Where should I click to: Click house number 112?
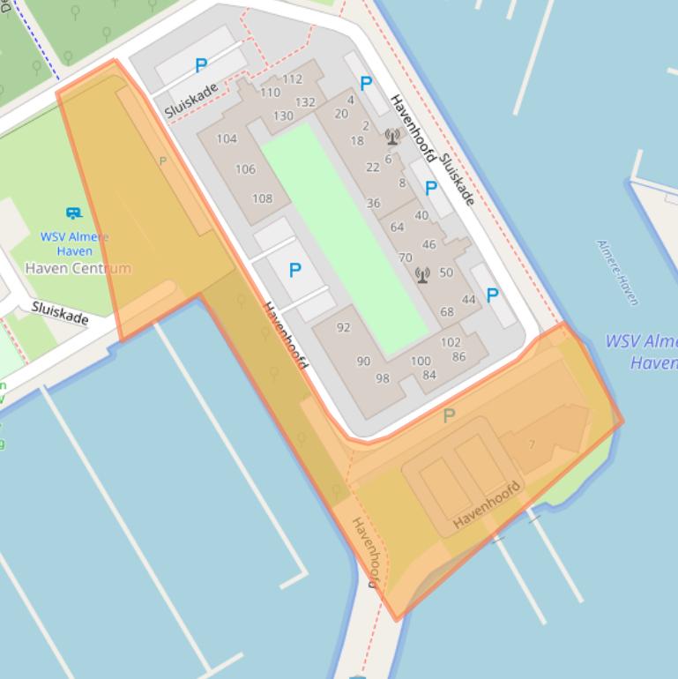click(292, 79)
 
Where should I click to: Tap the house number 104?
click(227, 138)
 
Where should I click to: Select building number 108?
click(262, 198)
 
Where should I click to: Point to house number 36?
click(373, 203)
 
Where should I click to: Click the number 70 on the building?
click(405, 258)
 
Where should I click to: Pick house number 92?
click(343, 327)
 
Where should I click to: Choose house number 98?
click(382, 378)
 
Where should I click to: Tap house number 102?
click(450, 342)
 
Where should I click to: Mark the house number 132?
click(305, 102)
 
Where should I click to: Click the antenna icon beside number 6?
click(392, 137)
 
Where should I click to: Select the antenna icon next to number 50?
click(422, 275)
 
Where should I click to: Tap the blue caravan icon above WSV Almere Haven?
click(74, 213)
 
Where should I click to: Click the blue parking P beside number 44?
click(491, 295)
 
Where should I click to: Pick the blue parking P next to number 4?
click(366, 84)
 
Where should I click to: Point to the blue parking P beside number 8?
click(431, 188)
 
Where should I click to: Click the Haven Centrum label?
click(78, 268)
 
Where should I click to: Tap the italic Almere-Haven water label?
click(616, 272)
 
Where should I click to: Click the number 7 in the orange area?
click(532, 444)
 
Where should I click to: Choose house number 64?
click(397, 228)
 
